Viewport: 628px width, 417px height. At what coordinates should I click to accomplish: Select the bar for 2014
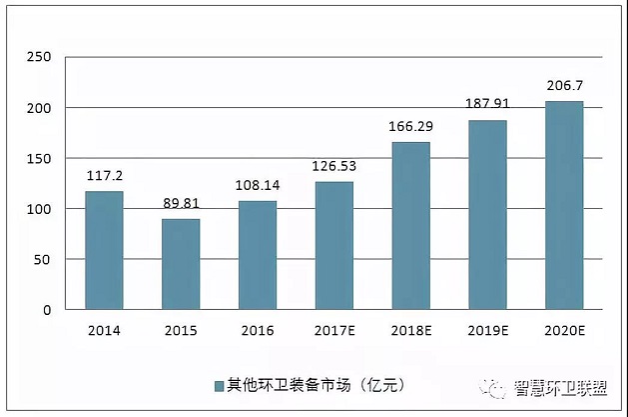tap(104, 250)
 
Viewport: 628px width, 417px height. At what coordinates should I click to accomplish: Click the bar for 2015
tap(181, 264)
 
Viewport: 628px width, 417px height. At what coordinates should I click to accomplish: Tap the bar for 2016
tap(258, 255)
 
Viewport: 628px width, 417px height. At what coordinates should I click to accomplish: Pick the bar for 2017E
tap(334, 245)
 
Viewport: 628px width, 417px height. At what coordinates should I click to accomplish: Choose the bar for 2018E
tap(410, 226)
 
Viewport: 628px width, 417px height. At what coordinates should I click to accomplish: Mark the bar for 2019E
tap(487, 215)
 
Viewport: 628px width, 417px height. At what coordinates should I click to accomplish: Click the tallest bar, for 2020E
tap(564, 205)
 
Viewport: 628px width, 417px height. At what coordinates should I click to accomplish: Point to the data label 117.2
tap(104, 173)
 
